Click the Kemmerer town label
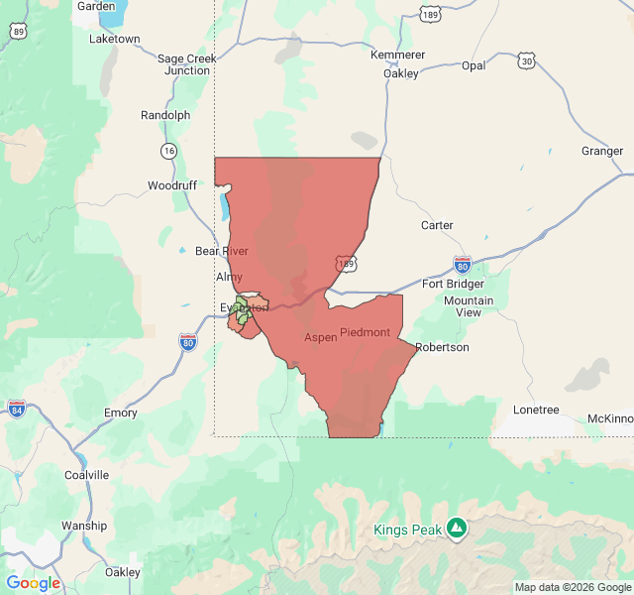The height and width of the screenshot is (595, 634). click(397, 55)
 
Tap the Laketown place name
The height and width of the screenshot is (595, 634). click(115, 39)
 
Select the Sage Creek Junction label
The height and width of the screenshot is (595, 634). click(187, 64)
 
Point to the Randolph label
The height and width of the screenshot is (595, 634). click(165, 115)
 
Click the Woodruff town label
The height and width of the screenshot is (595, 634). click(172, 185)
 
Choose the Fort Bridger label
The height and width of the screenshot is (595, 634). click(453, 285)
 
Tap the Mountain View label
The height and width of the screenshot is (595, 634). click(469, 306)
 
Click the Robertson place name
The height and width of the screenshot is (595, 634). click(442, 347)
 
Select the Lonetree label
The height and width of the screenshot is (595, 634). click(536, 410)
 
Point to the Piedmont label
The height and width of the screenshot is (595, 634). click(365, 332)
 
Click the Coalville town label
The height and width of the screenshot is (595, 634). click(86, 475)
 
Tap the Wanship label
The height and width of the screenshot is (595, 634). click(84, 526)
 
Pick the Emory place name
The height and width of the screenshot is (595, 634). click(121, 413)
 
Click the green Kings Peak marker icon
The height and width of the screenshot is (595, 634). click(456, 529)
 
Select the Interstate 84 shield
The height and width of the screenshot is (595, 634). click(17, 408)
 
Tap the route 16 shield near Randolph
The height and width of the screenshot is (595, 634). click(169, 151)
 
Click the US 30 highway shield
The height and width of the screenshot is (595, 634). click(527, 61)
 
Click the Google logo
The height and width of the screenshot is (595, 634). click(34, 583)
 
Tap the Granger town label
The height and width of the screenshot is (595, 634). click(602, 152)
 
